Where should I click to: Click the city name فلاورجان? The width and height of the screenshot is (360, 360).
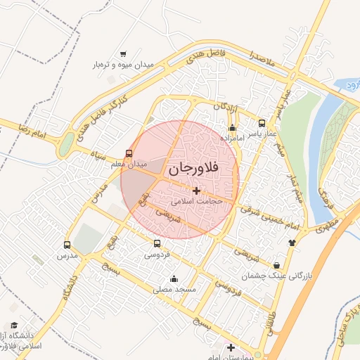point(194,169)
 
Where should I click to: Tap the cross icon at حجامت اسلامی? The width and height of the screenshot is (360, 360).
point(196,190)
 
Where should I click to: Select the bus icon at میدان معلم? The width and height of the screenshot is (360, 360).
point(129,153)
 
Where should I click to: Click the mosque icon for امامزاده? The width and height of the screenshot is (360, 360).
point(233,128)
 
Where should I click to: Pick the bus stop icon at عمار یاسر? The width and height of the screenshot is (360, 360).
point(262,122)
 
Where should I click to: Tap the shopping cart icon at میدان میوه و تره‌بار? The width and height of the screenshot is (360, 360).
point(123,54)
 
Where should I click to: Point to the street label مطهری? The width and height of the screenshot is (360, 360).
point(326,224)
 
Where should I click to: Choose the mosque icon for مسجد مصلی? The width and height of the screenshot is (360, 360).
point(174,278)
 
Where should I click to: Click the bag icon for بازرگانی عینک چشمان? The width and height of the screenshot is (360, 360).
point(277,265)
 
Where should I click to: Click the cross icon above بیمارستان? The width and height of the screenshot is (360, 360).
point(231,347)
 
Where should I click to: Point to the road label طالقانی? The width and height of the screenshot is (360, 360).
point(271,323)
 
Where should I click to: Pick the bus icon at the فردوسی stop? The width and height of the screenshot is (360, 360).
point(157,244)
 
